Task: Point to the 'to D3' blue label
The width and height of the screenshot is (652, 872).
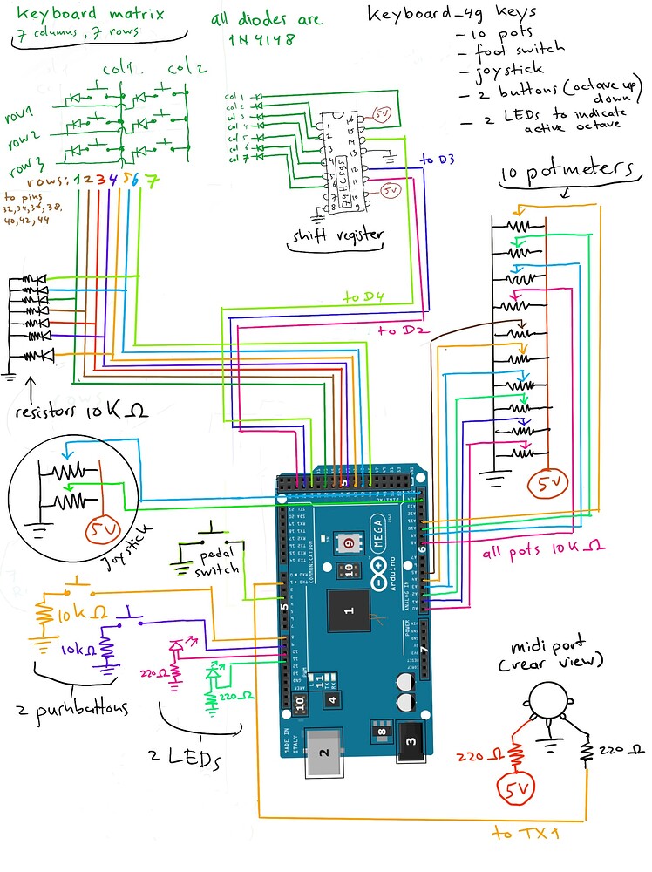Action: tap(438, 160)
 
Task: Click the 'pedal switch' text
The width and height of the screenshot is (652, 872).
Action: tap(217, 562)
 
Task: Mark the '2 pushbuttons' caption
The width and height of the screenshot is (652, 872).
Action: tap(72, 709)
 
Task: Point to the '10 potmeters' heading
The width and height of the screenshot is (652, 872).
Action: tap(567, 171)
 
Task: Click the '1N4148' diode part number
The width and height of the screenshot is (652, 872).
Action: tap(262, 39)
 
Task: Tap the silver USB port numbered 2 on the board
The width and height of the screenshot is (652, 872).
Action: tap(324, 752)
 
